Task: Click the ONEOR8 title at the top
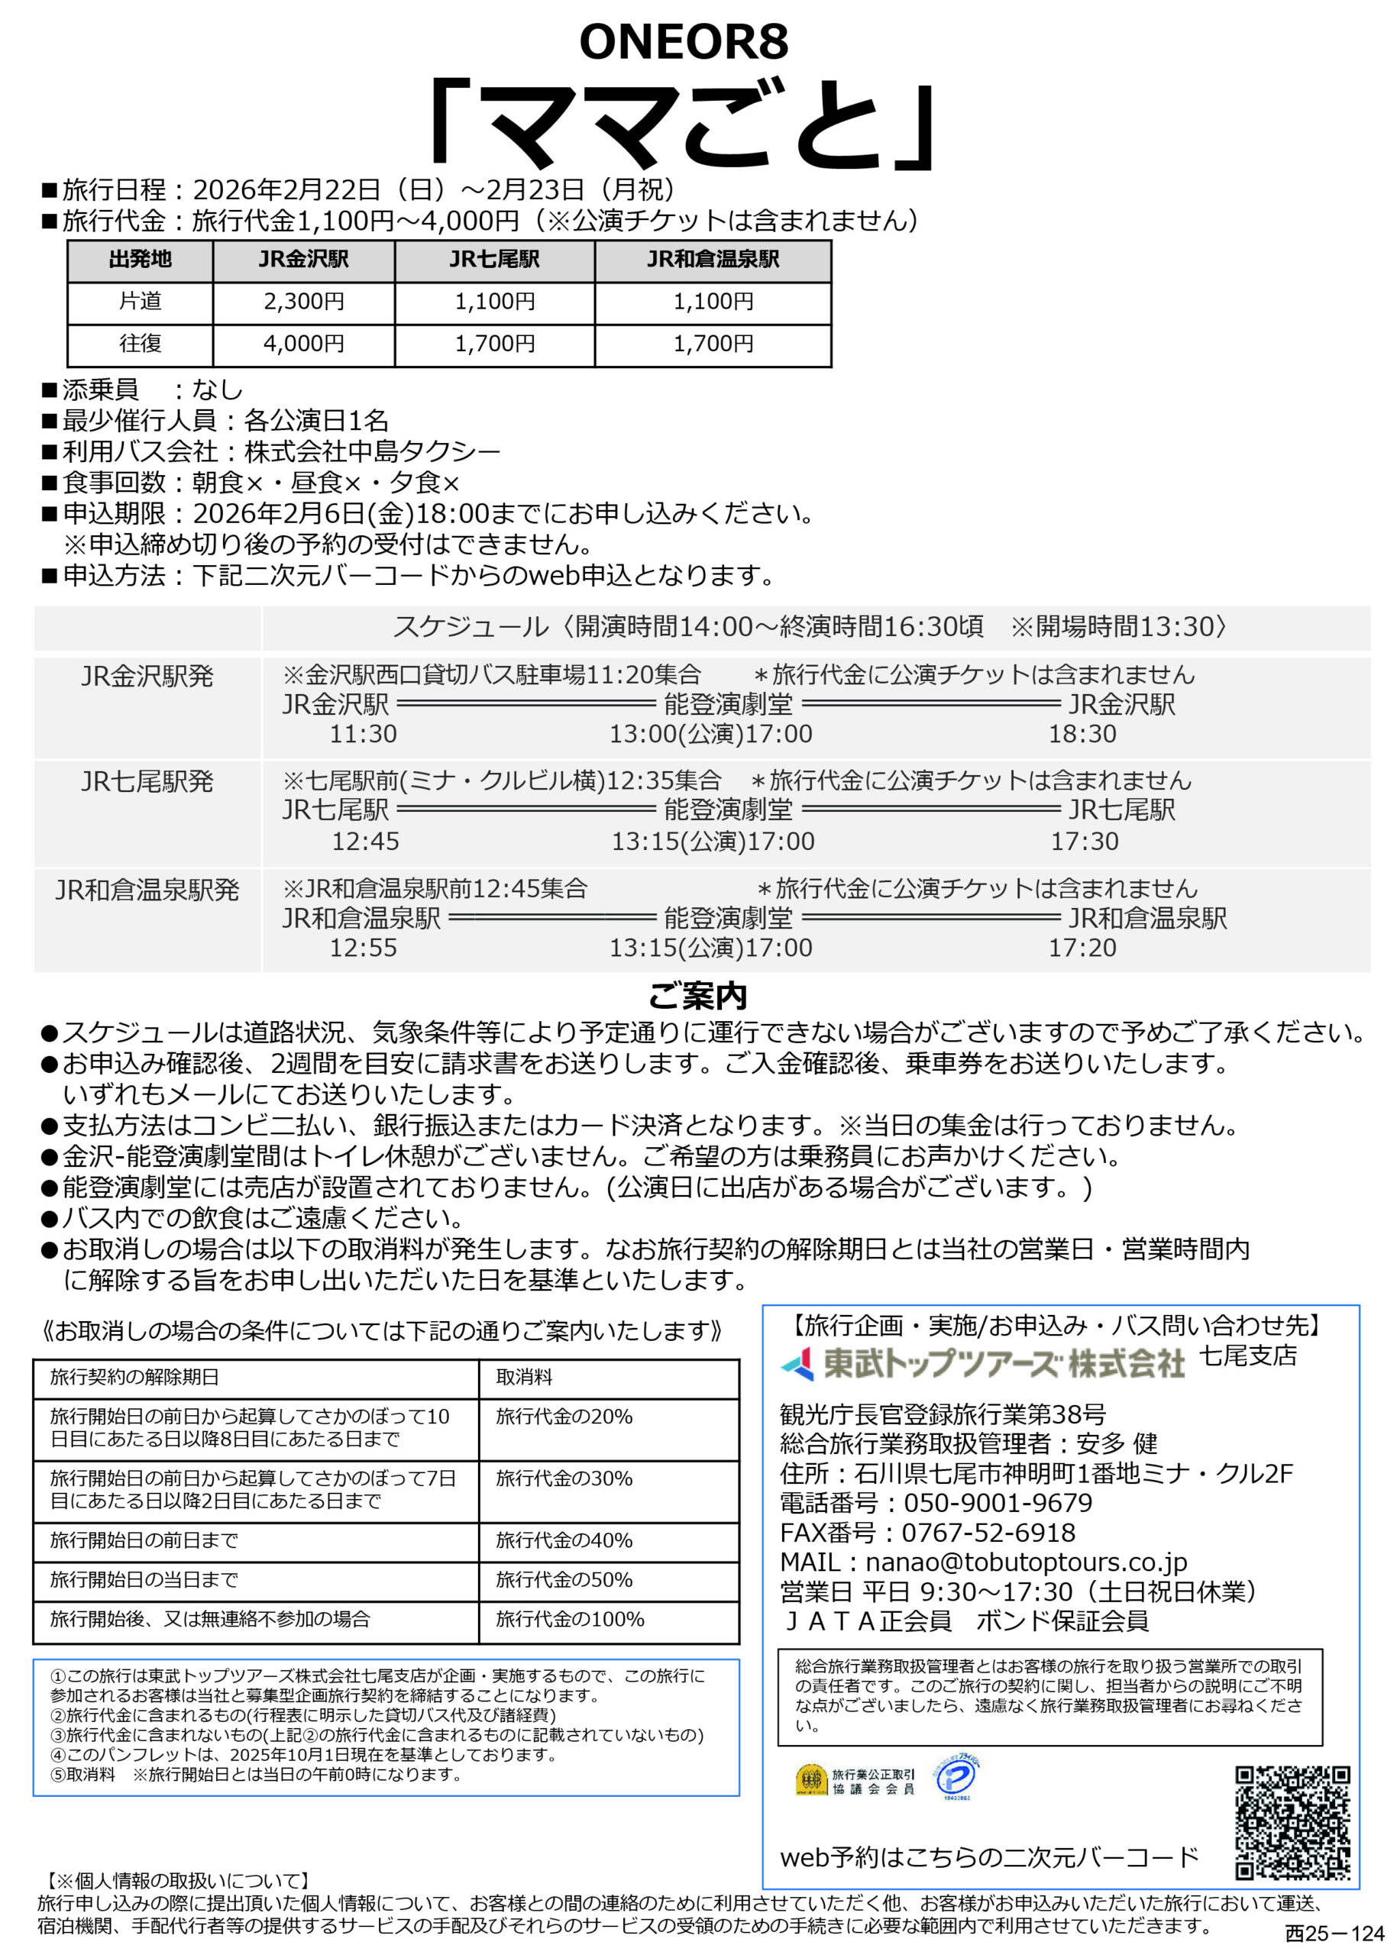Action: (x=683, y=41)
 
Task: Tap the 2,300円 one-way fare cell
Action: (x=304, y=302)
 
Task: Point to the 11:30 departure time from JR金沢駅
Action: (x=363, y=734)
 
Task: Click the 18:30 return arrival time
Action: (x=1082, y=734)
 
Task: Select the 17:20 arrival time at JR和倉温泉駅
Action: (x=1082, y=948)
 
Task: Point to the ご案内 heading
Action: (x=697, y=996)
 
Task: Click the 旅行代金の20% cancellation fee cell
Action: (x=564, y=1417)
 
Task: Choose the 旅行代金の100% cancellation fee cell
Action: (x=570, y=1620)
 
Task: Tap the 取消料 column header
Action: (x=524, y=1377)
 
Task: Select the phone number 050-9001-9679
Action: (x=997, y=1504)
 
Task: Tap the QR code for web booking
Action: (x=1292, y=1824)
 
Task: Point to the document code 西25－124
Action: (x=1334, y=1934)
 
